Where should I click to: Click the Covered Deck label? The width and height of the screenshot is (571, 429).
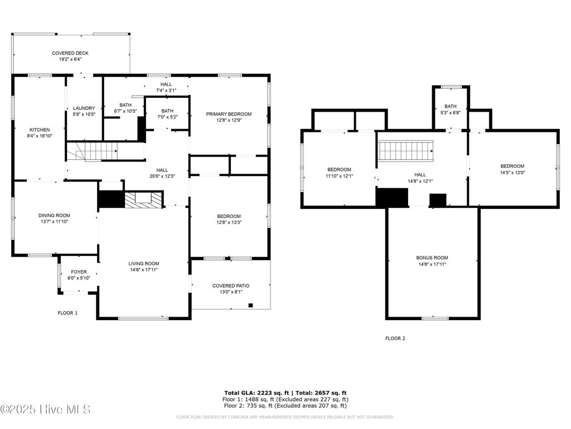pos(70,53)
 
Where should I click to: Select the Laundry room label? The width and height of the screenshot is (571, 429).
pos(84,108)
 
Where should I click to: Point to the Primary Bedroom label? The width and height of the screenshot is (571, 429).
pos(229,114)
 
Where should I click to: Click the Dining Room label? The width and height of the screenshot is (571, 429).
pos(54,216)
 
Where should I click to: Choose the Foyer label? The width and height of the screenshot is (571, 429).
pos(79,272)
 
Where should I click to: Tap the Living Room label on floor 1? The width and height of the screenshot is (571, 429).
pos(144,264)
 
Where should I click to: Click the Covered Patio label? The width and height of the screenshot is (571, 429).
pos(231,286)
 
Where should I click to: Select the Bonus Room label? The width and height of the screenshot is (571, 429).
pos(432,258)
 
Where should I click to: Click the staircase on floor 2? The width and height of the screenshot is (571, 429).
pos(406,151)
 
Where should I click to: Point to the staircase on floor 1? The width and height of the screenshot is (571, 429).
pos(93,151)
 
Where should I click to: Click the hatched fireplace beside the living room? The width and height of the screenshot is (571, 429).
pos(143,200)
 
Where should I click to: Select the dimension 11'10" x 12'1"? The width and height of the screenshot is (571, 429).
pos(339,176)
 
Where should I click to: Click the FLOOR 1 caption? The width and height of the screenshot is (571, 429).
pos(67,313)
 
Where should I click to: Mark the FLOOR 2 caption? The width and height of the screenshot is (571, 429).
pos(395,339)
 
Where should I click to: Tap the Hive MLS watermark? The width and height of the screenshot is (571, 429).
pos(45,409)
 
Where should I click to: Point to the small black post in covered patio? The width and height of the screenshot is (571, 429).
pos(250,305)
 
